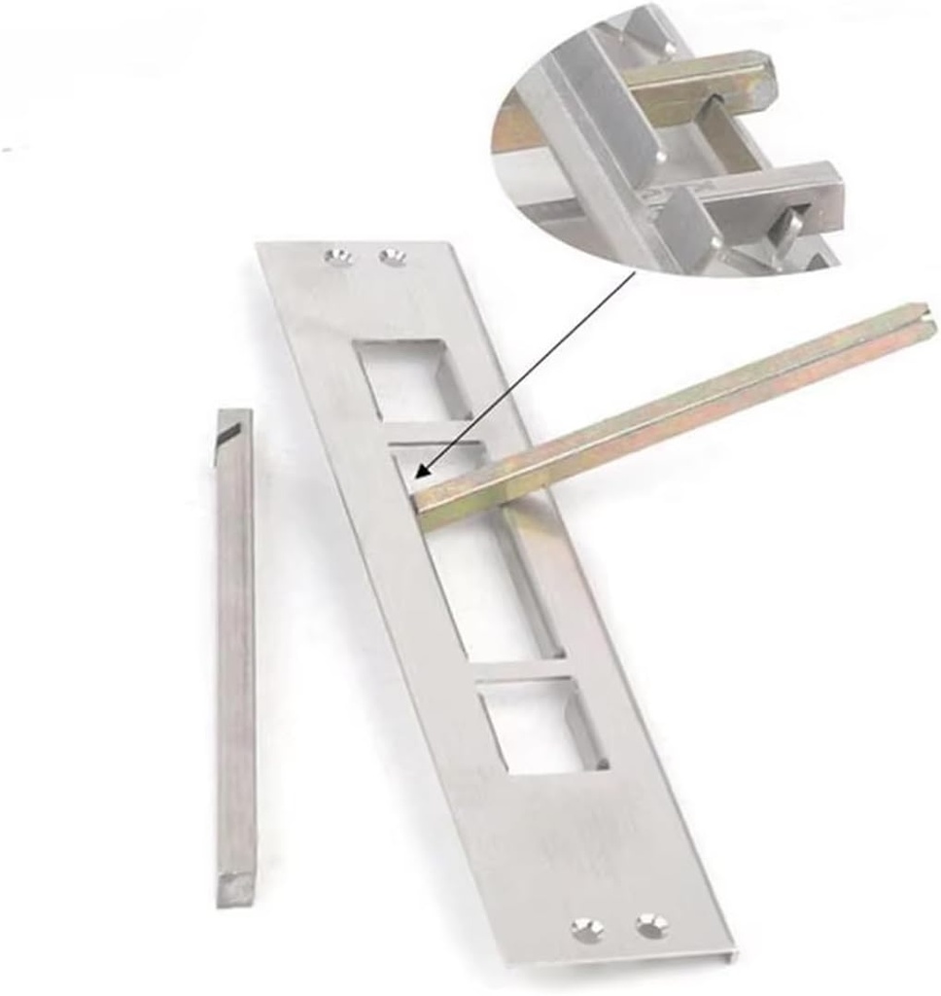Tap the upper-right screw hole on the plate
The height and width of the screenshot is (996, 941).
393,257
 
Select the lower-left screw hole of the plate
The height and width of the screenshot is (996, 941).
585,928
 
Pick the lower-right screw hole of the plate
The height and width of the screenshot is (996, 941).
650,926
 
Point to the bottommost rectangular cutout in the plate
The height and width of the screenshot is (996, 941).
542,726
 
